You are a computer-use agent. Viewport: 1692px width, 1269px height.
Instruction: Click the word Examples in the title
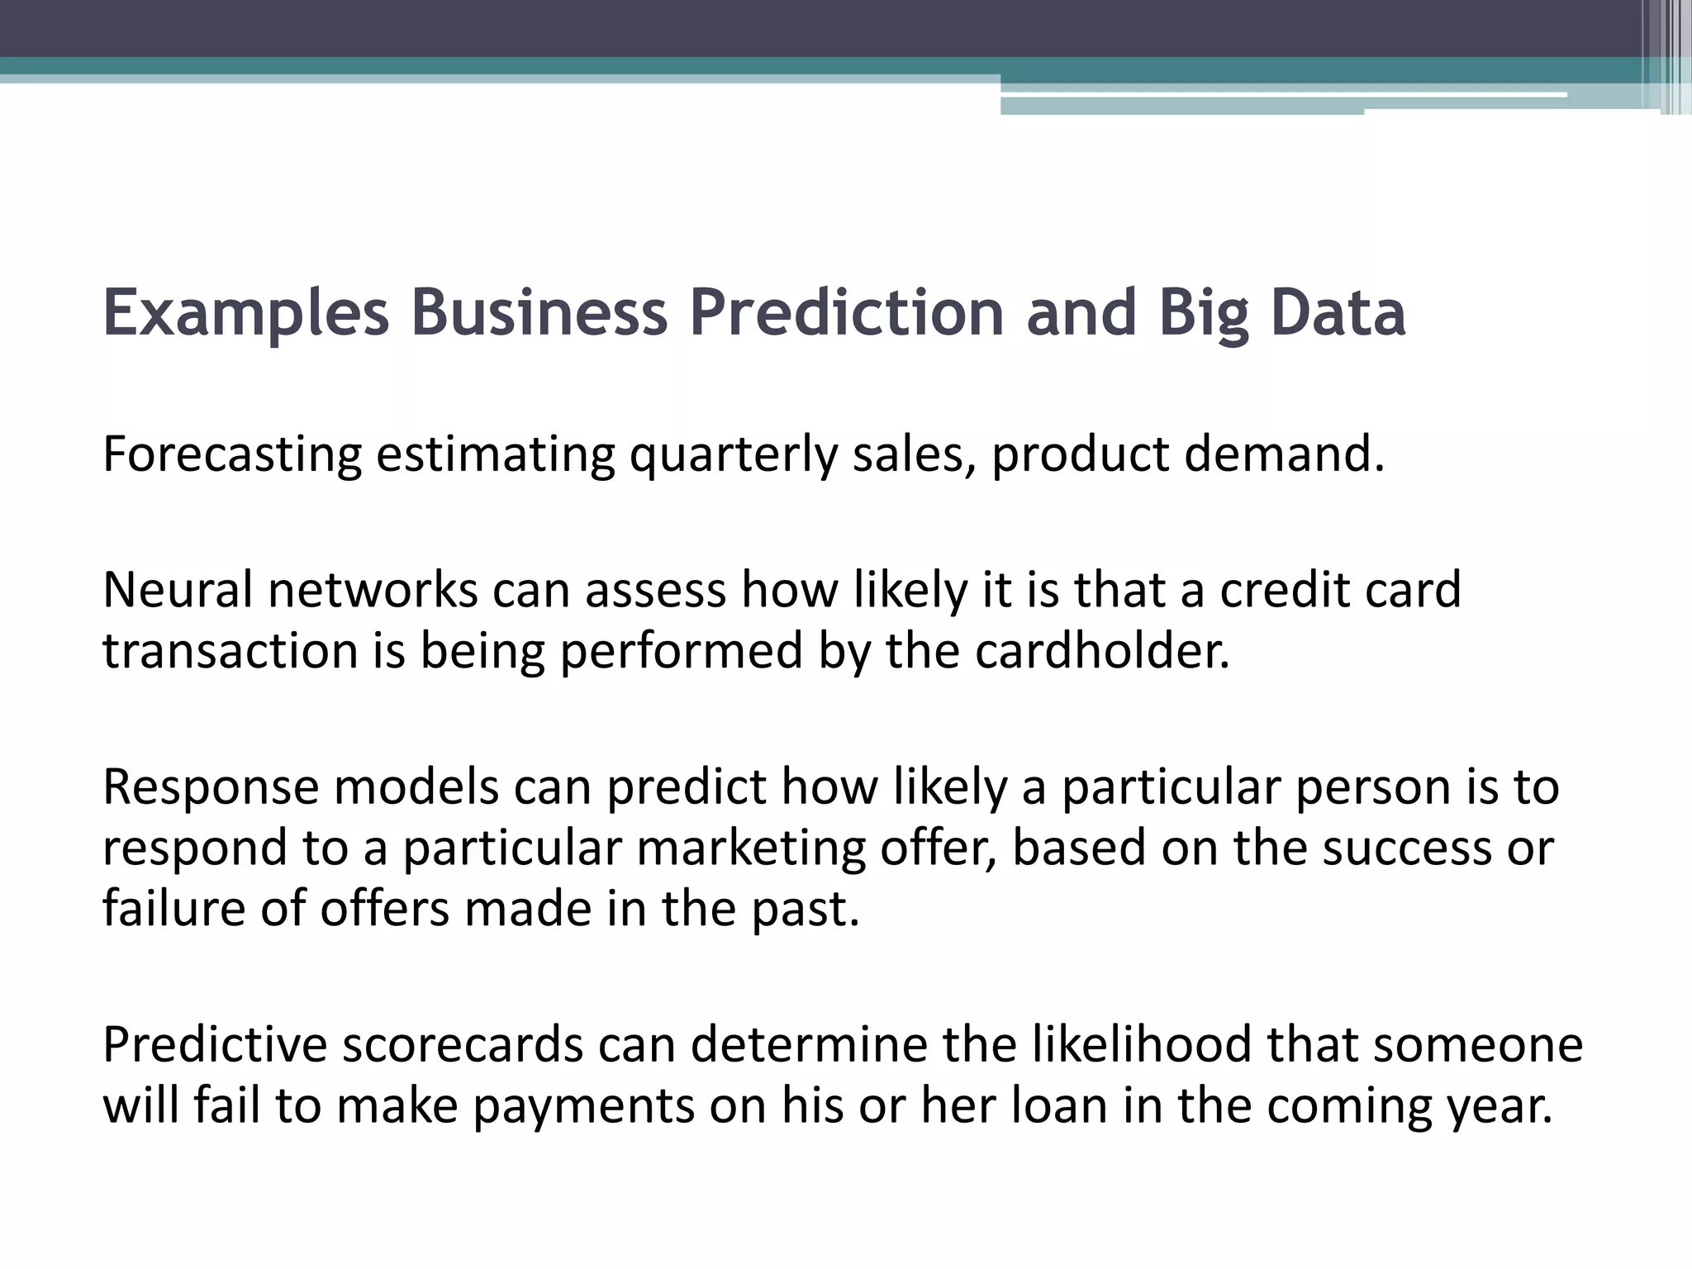(245, 314)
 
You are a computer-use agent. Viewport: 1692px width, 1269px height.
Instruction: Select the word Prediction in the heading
(846, 314)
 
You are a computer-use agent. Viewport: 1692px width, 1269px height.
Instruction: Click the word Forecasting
(232, 455)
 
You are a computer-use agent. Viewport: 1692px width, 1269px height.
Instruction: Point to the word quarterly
(733, 455)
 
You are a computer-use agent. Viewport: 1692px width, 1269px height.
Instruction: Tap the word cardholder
(1102, 651)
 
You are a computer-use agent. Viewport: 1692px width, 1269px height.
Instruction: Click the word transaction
(230, 651)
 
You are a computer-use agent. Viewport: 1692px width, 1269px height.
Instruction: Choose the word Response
(211, 787)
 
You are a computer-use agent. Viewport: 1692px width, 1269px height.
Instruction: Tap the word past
(806, 909)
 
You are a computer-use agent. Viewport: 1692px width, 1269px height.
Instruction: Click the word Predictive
(215, 1044)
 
